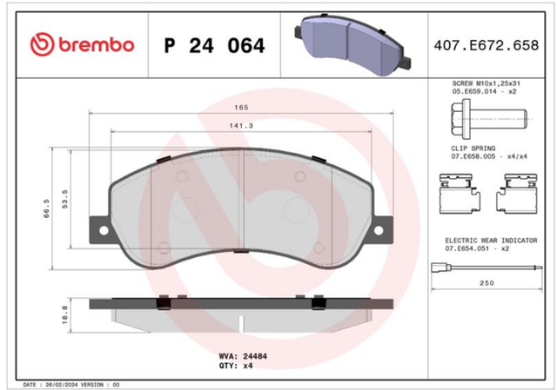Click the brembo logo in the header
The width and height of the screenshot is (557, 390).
82,44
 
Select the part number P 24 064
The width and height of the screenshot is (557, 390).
215,46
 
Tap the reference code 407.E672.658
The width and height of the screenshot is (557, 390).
487,45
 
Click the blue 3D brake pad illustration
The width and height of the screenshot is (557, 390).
352,44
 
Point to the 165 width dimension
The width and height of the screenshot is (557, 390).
241,108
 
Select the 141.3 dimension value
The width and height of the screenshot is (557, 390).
241,126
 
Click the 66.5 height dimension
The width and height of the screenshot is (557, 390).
47,208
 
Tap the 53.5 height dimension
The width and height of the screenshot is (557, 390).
64,199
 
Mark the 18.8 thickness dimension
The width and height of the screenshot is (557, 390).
64,314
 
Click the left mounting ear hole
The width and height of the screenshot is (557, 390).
104,230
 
